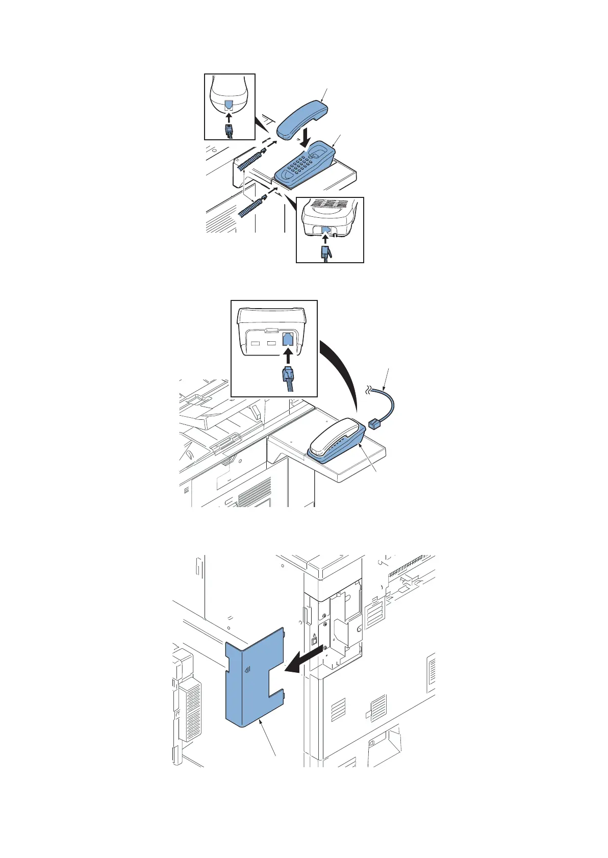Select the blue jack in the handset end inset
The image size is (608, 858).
point(230,105)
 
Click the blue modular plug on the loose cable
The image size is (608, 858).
point(374,422)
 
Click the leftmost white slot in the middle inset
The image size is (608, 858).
point(257,342)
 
